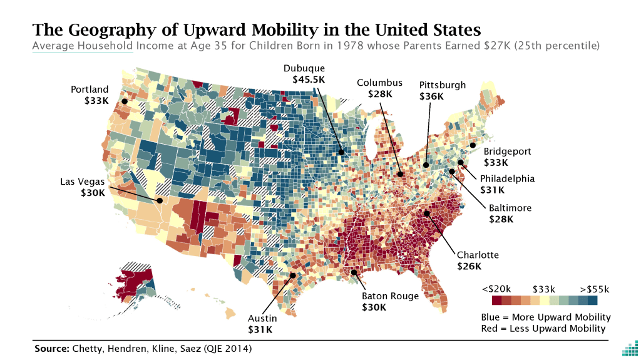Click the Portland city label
90,89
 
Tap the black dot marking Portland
124,101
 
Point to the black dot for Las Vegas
160,201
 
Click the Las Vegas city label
83,182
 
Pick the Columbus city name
380,83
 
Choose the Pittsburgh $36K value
431,96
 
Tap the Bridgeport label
507,151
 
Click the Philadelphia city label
507,178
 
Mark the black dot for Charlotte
428,213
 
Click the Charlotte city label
478,255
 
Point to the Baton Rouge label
390,296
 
